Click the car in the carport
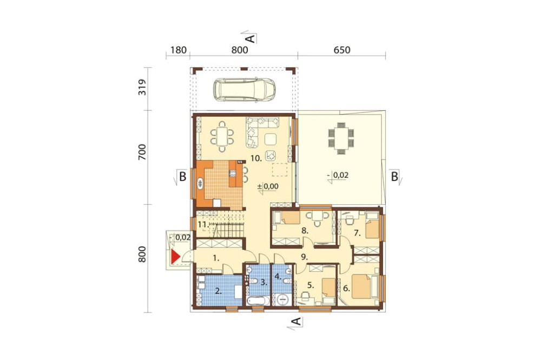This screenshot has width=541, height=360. point(245,90)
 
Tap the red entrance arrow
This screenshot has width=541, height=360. point(176,257)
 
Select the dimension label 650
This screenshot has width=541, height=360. point(342,50)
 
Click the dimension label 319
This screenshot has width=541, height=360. point(142,87)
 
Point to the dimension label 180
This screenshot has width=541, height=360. point(179,50)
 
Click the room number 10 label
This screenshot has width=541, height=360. point(256,158)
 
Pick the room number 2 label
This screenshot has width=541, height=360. point(218,291)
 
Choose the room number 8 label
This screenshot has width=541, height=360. point(305,231)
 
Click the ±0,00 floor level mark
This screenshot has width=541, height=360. point(268,186)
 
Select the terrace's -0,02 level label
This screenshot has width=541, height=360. point(338,176)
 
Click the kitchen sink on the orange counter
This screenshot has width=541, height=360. point(200,183)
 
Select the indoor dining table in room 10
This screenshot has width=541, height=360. point(222,137)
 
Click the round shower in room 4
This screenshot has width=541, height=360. point(283,299)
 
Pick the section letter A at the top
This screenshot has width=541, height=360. point(251,38)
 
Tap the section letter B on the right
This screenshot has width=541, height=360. point(394,177)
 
